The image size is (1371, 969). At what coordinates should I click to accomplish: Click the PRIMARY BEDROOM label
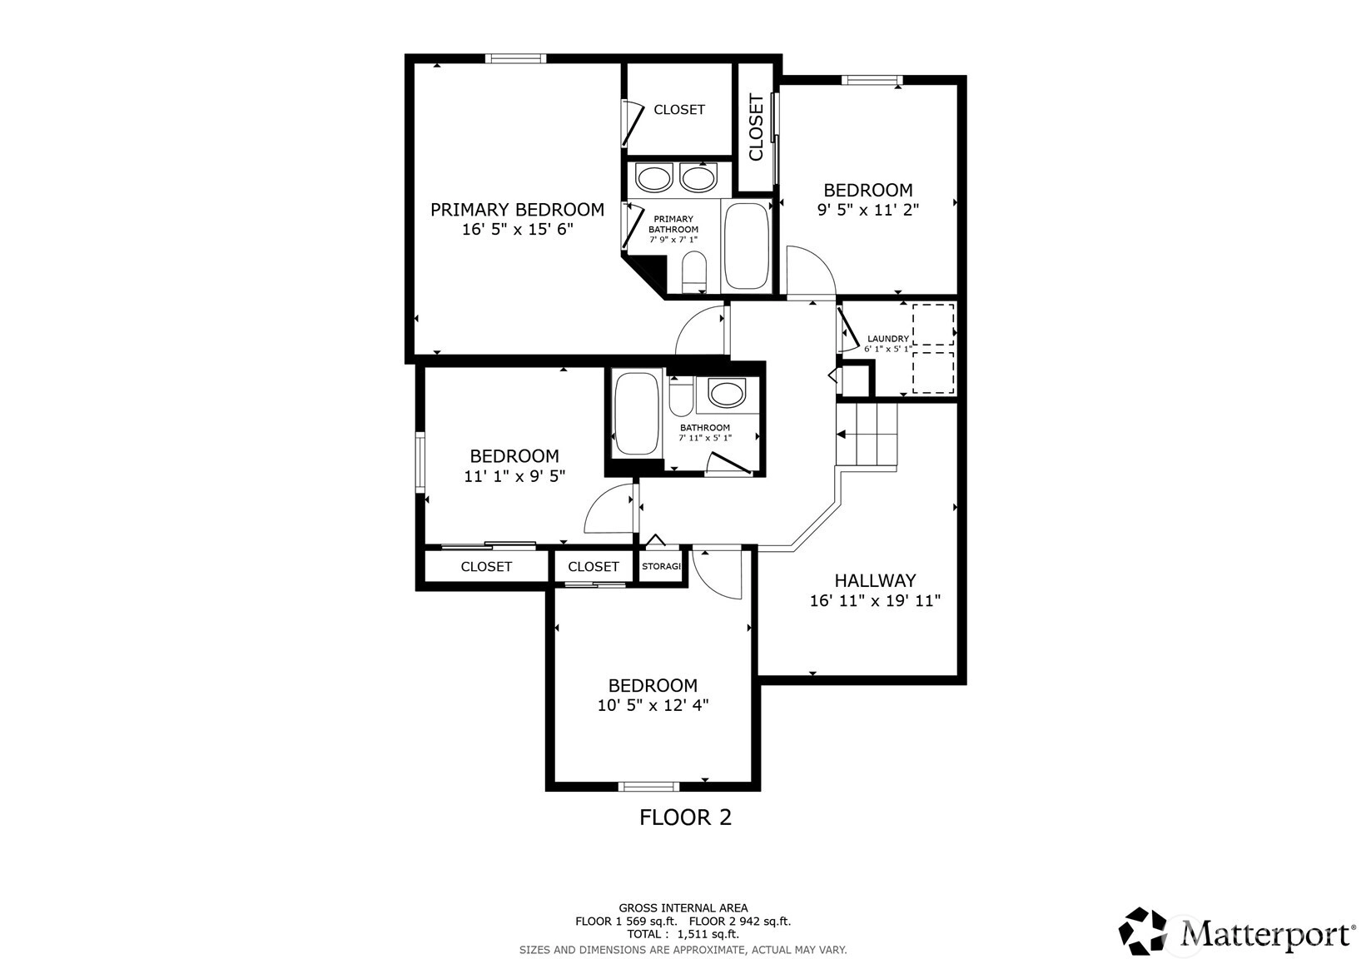[x=517, y=210]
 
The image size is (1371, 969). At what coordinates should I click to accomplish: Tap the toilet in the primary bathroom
[x=694, y=271]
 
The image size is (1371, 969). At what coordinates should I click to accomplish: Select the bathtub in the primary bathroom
[x=746, y=246]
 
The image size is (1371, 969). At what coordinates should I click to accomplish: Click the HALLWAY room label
[x=875, y=580]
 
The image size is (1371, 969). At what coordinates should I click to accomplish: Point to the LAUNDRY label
[x=888, y=339]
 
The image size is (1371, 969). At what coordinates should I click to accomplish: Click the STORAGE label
[x=661, y=566]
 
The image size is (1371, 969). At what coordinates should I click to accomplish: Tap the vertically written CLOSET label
[x=757, y=127]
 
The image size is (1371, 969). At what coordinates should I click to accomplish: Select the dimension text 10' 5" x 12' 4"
[x=653, y=705]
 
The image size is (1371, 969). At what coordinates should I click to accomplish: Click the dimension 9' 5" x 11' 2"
[x=868, y=210]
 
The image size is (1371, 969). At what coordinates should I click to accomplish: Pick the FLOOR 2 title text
[x=686, y=817]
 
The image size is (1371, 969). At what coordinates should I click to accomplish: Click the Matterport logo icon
[x=1142, y=931]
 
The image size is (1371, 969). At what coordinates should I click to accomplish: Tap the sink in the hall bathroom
[x=727, y=392]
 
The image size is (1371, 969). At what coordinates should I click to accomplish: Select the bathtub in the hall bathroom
[x=637, y=415]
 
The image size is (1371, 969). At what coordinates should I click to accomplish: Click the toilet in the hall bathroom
[x=681, y=396]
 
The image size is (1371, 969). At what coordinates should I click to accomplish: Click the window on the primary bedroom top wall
[x=516, y=59]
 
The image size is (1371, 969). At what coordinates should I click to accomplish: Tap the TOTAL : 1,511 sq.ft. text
[x=683, y=934]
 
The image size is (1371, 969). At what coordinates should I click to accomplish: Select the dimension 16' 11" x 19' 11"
[x=875, y=600]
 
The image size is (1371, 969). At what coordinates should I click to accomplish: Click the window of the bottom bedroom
[x=648, y=787]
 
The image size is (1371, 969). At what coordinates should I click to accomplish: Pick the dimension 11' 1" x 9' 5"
[x=514, y=475]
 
